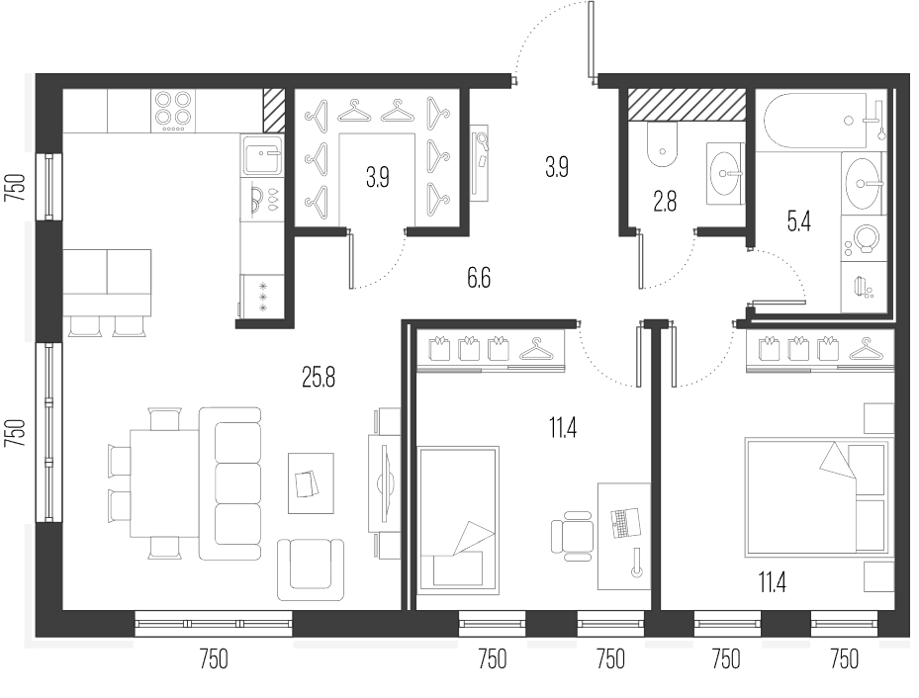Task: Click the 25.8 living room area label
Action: coord(319,379)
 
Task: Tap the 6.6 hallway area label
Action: coord(479,278)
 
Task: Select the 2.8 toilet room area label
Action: coord(665,202)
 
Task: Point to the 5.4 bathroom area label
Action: coord(799,221)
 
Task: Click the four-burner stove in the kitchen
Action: coord(173,111)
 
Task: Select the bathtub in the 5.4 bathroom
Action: coord(816,121)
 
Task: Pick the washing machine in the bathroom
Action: coord(862,239)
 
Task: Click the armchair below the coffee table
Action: coord(310,569)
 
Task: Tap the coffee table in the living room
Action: coord(311,483)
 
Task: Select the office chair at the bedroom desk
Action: coord(572,532)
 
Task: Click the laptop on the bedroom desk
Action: coord(622,522)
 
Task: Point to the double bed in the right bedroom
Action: coord(816,497)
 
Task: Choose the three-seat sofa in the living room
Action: coord(230,483)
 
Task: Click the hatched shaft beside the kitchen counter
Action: coord(274,111)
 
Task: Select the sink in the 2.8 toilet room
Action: coord(724,173)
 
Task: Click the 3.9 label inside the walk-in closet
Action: coord(378,177)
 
